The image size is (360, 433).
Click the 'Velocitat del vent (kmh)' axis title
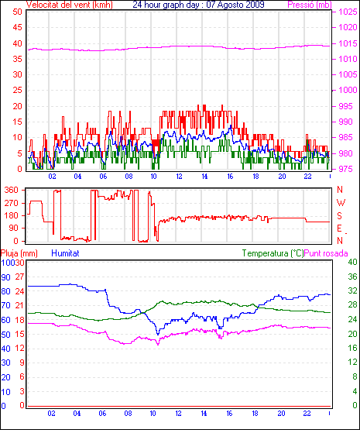pos(70,5)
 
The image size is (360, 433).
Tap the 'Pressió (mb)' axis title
pos(310,5)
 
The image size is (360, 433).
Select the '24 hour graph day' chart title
pos(166,5)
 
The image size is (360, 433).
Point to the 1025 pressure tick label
pos(348,12)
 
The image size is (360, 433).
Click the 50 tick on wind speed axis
pos(17,12)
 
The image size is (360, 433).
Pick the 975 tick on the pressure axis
pos(345,169)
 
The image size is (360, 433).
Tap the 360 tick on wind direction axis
pos(11,190)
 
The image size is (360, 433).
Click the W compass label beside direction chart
pos(341,203)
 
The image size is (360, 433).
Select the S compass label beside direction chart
pos(340,215)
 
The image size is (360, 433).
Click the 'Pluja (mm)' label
pos(19,253)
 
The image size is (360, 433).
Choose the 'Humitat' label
pos(66,253)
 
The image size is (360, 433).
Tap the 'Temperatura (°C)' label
pos(273,253)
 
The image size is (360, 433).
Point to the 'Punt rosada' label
pos(326,253)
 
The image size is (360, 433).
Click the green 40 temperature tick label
pos(352,262)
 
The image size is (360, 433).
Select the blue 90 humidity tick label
pos(5,277)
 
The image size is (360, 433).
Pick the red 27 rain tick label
pos(19,277)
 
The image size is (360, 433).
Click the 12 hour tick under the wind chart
pos(179,176)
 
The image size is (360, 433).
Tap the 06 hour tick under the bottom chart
pos(102,414)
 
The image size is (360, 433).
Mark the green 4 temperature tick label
pos(355,391)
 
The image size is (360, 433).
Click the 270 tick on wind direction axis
pos(11,203)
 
